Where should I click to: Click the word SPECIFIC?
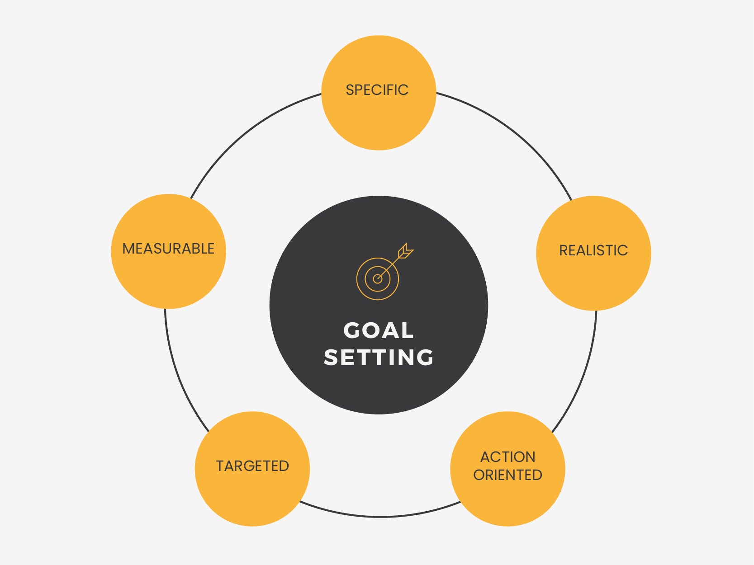[377, 90]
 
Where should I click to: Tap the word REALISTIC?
[593, 250]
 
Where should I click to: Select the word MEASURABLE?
[168, 249]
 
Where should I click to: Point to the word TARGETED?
[252, 466]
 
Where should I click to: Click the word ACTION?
[507, 457]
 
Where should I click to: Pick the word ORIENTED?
[507, 475]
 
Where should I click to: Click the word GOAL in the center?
[379, 330]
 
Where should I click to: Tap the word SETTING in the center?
[379, 357]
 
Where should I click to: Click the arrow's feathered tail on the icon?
[406, 251]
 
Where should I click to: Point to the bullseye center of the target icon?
[378, 279]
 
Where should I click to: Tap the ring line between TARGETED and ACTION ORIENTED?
[379, 516]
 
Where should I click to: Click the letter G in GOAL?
[351, 330]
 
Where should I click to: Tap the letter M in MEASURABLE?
[128, 249]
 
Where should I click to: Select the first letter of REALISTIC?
[564, 250]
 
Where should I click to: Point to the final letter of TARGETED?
[284, 466]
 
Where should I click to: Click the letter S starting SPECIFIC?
[350, 90]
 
